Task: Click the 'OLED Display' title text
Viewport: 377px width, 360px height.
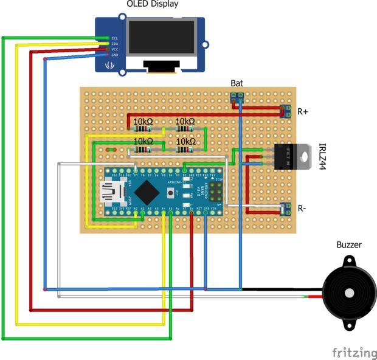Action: click(153, 5)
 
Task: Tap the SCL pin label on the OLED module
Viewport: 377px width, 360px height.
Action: click(114, 38)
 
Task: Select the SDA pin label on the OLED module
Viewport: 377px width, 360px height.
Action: click(114, 43)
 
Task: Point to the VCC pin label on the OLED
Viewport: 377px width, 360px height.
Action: click(114, 49)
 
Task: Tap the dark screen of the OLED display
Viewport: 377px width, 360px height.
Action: click(162, 39)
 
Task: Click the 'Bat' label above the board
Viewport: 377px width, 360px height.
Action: click(237, 83)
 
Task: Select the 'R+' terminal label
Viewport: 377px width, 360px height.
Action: click(303, 112)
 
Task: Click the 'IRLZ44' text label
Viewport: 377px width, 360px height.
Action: click(322, 156)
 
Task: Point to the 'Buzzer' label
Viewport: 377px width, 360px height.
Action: click(349, 245)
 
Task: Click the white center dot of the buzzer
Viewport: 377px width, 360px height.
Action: click(349, 293)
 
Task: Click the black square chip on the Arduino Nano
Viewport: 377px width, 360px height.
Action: click(146, 192)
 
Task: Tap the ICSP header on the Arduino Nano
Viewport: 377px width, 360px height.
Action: click(216, 192)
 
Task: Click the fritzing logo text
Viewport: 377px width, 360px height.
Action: click(354, 352)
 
